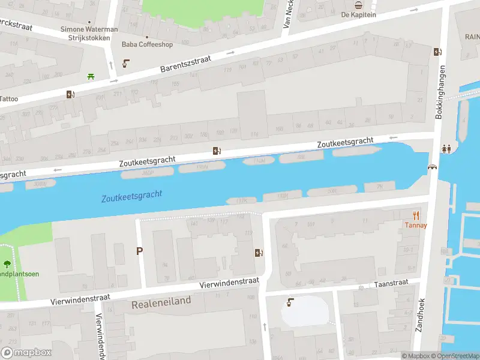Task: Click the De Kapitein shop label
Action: point(358,14)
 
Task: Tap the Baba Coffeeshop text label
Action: point(146,44)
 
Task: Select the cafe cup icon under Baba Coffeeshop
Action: point(126,64)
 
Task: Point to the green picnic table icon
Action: point(91,76)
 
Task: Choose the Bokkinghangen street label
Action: point(439,91)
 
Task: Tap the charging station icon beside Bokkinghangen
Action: point(437,52)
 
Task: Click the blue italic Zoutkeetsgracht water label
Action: point(131,196)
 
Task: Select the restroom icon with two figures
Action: point(446,149)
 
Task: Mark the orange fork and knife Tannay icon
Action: point(415,215)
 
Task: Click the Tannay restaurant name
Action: point(415,226)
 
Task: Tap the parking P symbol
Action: point(140,251)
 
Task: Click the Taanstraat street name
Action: point(391,283)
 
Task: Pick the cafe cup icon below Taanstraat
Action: point(291,302)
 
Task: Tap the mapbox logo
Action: point(26,352)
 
